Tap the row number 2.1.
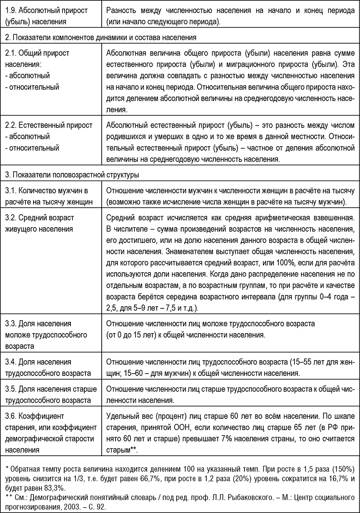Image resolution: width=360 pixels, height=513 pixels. click(10, 53)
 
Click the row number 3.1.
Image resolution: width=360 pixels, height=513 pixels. click(10, 191)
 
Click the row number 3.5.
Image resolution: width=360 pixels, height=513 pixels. click(10, 389)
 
